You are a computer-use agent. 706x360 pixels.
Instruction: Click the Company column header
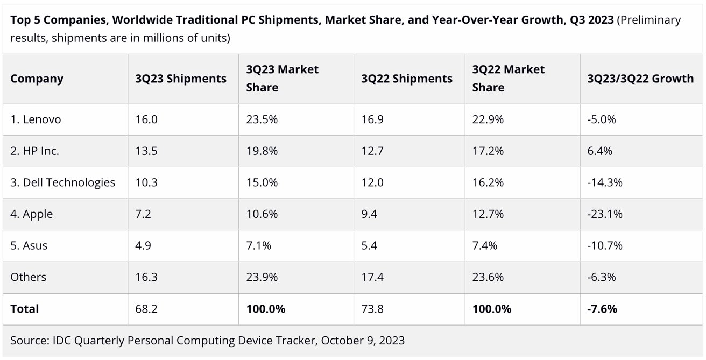[x=37, y=79]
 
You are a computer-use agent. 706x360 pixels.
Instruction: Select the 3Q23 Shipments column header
[x=181, y=79]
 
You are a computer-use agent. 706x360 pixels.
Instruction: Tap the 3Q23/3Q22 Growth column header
[x=640, y=79]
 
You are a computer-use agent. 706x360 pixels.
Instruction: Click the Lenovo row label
[x=36, y=119]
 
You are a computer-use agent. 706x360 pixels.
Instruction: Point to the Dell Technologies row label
[x=62, y=182]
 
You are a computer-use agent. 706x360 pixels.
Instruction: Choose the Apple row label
[x=31, y=214]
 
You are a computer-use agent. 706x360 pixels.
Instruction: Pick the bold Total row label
[x=25, y=309]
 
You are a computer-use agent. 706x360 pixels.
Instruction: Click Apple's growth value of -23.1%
[x=605, y=214]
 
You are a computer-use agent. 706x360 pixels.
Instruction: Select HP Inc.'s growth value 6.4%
[x=600, y=151]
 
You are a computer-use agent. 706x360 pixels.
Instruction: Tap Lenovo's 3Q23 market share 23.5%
[x=262, y=119]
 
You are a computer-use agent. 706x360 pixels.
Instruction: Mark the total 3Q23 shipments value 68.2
[x=146, y=309]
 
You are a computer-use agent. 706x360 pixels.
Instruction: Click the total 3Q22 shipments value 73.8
[x=372, y=309]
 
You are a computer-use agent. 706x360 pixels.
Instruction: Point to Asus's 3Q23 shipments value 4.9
[x=143, y=246]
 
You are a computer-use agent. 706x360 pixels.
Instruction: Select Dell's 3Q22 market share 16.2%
[x=488, y=182]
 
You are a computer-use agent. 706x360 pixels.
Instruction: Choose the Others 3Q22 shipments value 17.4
[x=372, y=277]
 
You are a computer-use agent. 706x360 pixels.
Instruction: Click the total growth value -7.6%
[x=602, y=309]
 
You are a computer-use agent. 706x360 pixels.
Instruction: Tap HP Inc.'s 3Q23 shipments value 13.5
[x=146, y=151]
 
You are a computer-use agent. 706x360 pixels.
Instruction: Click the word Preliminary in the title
[x=650, y=20]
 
